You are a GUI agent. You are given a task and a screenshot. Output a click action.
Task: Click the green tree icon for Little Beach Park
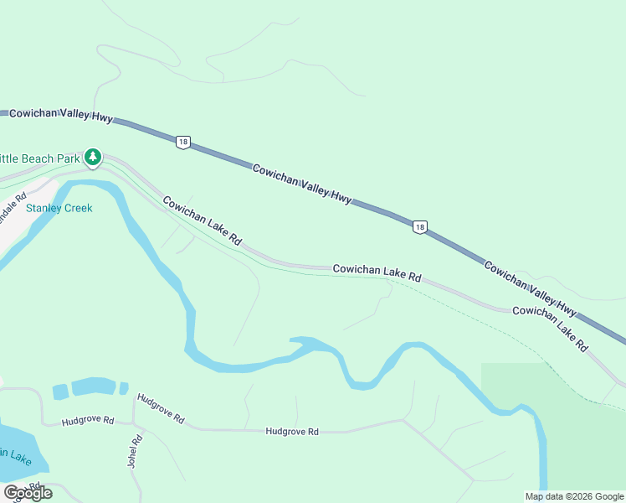[93, 157]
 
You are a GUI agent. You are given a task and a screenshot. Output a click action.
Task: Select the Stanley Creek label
[59, 208]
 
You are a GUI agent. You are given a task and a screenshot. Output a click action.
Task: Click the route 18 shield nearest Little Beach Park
[182, 142]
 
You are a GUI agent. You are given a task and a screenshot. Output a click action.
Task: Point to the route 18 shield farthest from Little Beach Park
[420, 226]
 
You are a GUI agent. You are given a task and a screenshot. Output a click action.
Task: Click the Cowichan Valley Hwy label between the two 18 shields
[302, 183]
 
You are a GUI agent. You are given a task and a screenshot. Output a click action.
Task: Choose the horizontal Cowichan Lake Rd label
[377, 271]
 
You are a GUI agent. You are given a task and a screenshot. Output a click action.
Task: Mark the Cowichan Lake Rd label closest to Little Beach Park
[203, 220]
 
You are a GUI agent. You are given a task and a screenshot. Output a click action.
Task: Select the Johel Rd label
[134, 450]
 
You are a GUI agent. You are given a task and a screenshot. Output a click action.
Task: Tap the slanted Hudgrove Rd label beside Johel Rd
[161, 408]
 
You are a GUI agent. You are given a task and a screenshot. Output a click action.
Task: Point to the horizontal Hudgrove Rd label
[292, 432]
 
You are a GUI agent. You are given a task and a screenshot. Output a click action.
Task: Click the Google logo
[28, 493]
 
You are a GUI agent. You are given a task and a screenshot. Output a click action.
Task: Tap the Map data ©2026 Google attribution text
[574, 496]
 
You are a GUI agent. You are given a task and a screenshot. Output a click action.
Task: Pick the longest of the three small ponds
[94, 386]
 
